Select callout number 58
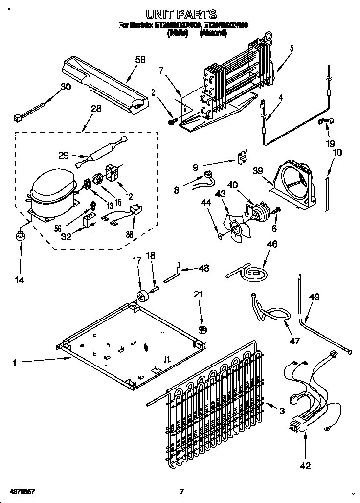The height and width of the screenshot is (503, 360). pyautogui.click(x=141, y=60)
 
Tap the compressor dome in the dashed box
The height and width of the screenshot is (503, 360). pyautogui.click(x=50, y=186)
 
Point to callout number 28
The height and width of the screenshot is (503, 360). pyautogui.click(x=96, y=109)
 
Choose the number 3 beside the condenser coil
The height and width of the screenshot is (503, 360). pyautogui.click(x=282, y=412)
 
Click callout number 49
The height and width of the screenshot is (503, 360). pyautogui.click(x=315, y=296)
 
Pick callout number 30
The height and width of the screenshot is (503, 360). pyautogui.click(x=65, y=87)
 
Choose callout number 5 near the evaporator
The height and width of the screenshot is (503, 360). pyautogui.click(x=292, y=48)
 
